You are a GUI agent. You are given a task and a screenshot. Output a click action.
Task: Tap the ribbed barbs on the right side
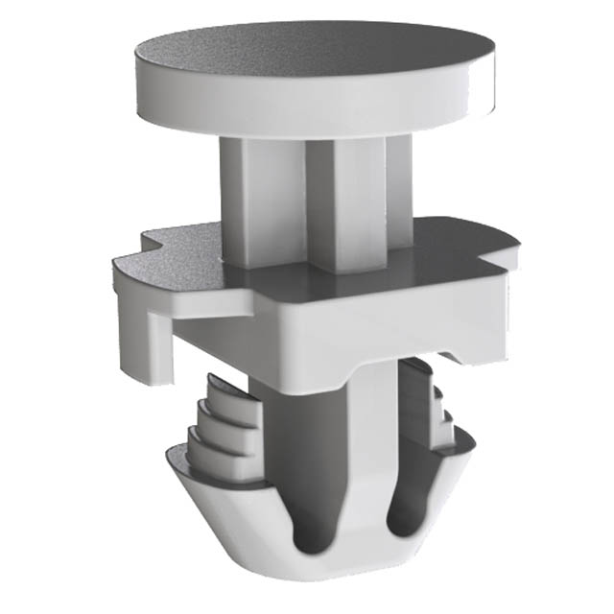pyautogui.click(x=432, y=403)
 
